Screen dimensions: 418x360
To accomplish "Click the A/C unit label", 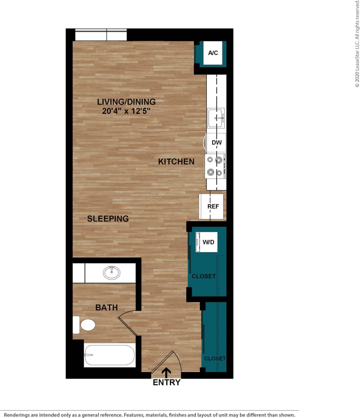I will (x=213, y=53).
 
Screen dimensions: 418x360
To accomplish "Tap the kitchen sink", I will (x=216, y=118).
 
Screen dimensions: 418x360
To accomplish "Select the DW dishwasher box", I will (x=216, y=143).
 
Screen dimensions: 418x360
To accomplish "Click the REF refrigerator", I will (x=211, y=206).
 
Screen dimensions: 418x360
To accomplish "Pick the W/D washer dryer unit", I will (x=207, y=242).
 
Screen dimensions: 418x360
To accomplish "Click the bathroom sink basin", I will (x=112, y=273).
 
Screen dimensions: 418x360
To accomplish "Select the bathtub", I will (x=110, y=355).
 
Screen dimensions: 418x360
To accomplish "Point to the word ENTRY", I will (x=167, y=382).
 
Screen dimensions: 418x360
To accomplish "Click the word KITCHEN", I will (x=176, y=162).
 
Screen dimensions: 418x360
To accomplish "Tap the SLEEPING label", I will (x=108, y=219).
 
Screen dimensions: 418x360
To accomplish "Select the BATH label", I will (x=106, y=307).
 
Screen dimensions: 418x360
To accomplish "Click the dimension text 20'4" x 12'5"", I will (x=126, y=111).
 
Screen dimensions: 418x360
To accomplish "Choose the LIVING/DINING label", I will (x=126, y=102).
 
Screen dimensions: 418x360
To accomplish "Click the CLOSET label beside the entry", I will (x=215, y=358).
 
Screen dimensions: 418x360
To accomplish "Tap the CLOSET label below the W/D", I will (x=203, y=276).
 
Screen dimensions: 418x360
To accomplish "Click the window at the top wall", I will (x=101, y=35).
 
